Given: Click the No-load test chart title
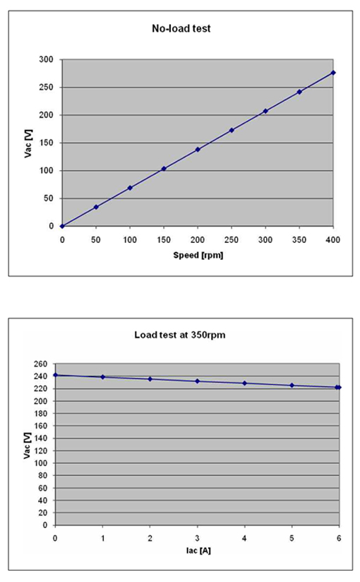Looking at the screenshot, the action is (x=181, y=28).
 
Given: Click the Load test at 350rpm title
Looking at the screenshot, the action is (x=180, y=335).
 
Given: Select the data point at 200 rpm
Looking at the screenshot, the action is (x=198, y=150).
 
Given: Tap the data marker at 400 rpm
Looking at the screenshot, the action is (x=333, y=73).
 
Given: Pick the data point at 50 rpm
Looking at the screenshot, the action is (x=96, y=207).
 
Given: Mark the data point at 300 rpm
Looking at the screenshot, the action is (x=265, y=111).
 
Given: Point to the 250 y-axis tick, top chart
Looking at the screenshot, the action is (x=47, y=87).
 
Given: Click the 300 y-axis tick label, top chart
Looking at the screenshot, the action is (x=47, y=59).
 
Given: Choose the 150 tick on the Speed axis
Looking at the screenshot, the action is (x=164, y=239).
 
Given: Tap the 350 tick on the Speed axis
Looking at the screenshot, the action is (x=299, y=239).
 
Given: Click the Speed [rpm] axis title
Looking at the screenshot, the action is (x=198, y=256).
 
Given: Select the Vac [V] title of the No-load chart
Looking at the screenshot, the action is (x=28, y=143).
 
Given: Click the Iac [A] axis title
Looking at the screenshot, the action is (x=198, y=550).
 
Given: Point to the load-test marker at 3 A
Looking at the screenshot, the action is (x=198, y=381).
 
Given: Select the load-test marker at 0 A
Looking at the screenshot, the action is (x=55, y=375).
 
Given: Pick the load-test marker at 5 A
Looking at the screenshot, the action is (x=292, y=385).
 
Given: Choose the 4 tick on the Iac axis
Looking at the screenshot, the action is (x=244, y=538).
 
